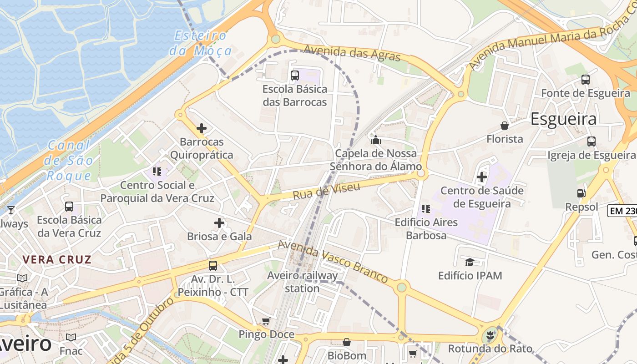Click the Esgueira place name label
[x=564, y=119]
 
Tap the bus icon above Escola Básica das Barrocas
[x=295, y=75]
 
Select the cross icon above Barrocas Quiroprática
[x=201, y=128]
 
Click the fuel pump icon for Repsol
[x=581, y=193]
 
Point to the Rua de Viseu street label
[x=326, y=191]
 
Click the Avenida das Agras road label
[x=352, y=53]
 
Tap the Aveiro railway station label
[x=303, y=282]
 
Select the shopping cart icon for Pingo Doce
[x=266, y=321]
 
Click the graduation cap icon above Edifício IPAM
[x=470, y=262]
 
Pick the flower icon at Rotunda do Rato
[x=490, y=336]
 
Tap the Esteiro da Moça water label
[x=201, y=43]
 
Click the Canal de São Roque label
[x=70, y=160]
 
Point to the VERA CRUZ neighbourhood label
[x=57, y=260]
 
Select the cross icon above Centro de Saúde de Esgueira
[x=482, y=177]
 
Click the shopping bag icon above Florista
[x=504, y=125]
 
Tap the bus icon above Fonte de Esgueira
[x=586, y=80]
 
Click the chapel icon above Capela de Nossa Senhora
[x=376, y=140]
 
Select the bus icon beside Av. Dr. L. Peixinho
[x=212, y=266]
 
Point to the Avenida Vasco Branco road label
[x=333, y=261]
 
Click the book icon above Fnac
[x=71, y=337]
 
